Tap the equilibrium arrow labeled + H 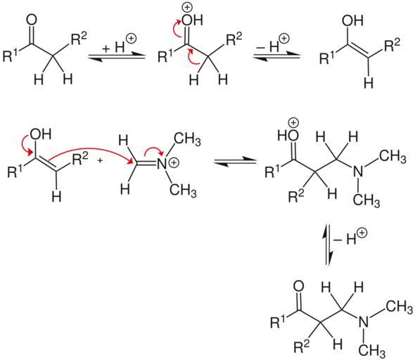[117, 57]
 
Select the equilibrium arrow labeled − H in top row [276, 57]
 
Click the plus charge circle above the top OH [187, 8]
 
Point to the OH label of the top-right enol [352, 20]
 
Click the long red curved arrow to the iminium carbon [91, 153]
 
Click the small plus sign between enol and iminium [100, 160]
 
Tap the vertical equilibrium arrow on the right [328, 245]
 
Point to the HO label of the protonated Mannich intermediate [288, 136]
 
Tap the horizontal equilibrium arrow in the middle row [235, 162]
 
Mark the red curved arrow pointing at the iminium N [155, 152]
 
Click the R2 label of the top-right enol [392, 45]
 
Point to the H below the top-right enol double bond [369, 82]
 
